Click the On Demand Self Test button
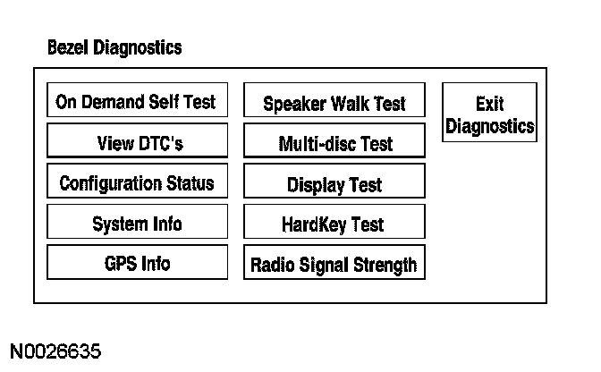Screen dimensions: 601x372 coord(136,101)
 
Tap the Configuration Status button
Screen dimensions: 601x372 coord(136,183)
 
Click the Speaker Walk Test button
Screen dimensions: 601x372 coord(334,104)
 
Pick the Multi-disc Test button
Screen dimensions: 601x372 coord(334,144)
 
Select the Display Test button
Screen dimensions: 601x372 coord(334,184)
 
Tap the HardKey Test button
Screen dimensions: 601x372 coord(334,224)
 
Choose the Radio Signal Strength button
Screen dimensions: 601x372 coord(334,265)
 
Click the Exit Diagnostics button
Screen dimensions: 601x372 coord(489,115)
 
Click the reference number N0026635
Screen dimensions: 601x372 coord(56,348)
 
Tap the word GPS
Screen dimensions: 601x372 coord(120,264)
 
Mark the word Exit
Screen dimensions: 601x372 coord(489,104)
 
